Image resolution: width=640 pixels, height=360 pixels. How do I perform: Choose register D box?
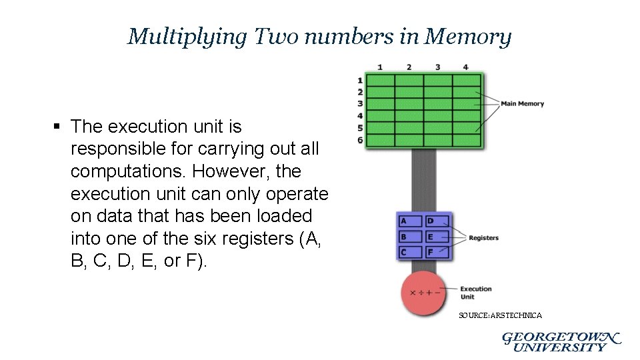437,221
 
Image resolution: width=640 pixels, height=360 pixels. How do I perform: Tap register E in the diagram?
437,236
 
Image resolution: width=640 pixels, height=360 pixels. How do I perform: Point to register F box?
437,252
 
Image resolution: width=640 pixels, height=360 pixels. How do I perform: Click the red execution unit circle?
423,293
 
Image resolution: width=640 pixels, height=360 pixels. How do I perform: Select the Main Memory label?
522,103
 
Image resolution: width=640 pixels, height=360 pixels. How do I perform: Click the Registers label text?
483,238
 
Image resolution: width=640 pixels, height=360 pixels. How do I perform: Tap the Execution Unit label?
475,293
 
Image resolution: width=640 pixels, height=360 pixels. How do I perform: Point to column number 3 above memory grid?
437,67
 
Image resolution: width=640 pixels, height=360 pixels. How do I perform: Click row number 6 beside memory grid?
360,140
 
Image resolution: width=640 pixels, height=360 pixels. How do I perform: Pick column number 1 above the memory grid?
379,67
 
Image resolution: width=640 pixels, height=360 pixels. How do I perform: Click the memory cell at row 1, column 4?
467,81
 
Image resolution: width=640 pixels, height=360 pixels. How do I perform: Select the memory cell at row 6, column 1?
380,140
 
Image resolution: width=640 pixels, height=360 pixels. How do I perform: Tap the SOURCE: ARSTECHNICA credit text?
500,315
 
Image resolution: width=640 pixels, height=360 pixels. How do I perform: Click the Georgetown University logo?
561,341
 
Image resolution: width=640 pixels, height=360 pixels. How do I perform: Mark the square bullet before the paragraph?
59,127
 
